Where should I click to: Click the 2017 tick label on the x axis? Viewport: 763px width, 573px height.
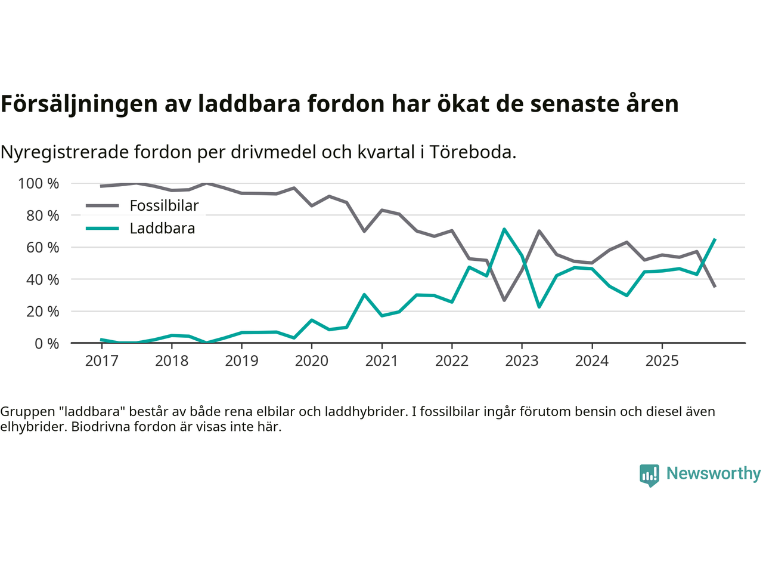point(101,361)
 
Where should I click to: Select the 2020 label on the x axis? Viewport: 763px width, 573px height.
point(312,361)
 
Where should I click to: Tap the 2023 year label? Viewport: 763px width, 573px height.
point(522,361)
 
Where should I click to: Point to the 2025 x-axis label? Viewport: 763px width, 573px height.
point(662,361)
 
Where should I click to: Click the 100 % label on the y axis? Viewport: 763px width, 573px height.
point(39,183)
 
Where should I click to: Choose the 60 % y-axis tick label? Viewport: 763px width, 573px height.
point(42,247)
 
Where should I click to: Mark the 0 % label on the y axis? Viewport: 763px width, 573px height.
point(46,343)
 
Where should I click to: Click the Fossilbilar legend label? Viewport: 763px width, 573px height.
point(164,206)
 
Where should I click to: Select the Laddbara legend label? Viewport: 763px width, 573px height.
point(162,229)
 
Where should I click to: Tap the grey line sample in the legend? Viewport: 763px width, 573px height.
point(103,206)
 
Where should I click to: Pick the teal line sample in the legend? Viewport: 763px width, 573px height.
point(103,229)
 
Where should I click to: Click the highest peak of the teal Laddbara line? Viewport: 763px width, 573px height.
point(504,229)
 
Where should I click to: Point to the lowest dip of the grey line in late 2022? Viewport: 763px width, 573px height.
point(504,300)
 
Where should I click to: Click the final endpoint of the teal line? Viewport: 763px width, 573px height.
point(715,239)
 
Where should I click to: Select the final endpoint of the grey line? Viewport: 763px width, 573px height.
point(715,286)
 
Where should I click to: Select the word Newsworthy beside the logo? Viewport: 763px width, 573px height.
point(713,473)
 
